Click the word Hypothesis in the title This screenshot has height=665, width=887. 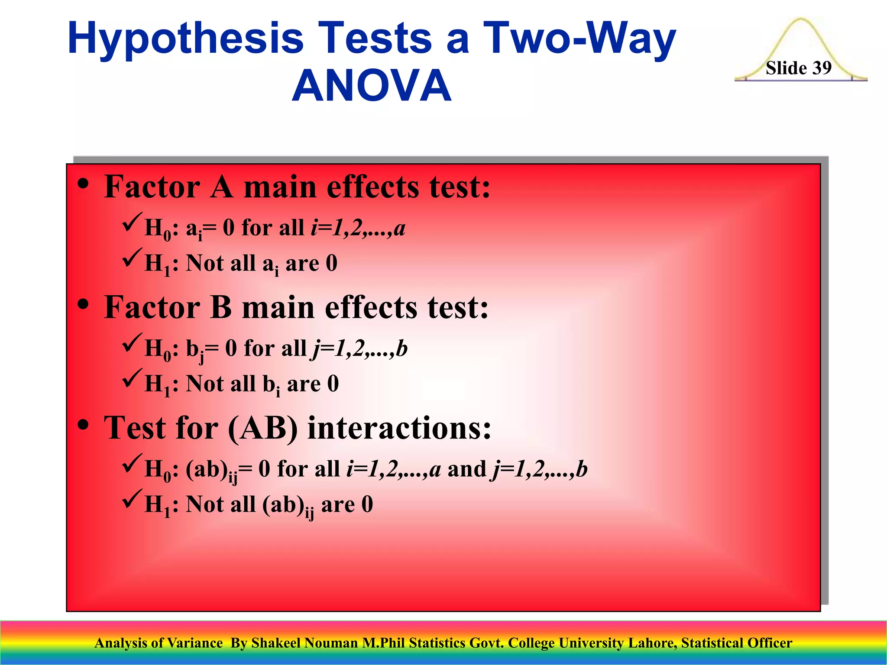[x=186, y=39]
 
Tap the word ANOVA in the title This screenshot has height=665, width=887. [x=372, y=86]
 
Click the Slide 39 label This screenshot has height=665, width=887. [x=798, y=68]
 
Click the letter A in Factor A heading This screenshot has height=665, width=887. [x=221, y=187]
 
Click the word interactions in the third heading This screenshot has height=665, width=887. [x=399, y=428]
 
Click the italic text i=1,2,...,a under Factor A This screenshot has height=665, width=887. [x=358, y=228]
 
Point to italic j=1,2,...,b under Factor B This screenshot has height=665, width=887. [x=359, y=349]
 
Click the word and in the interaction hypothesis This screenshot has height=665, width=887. [x=467, y=469]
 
